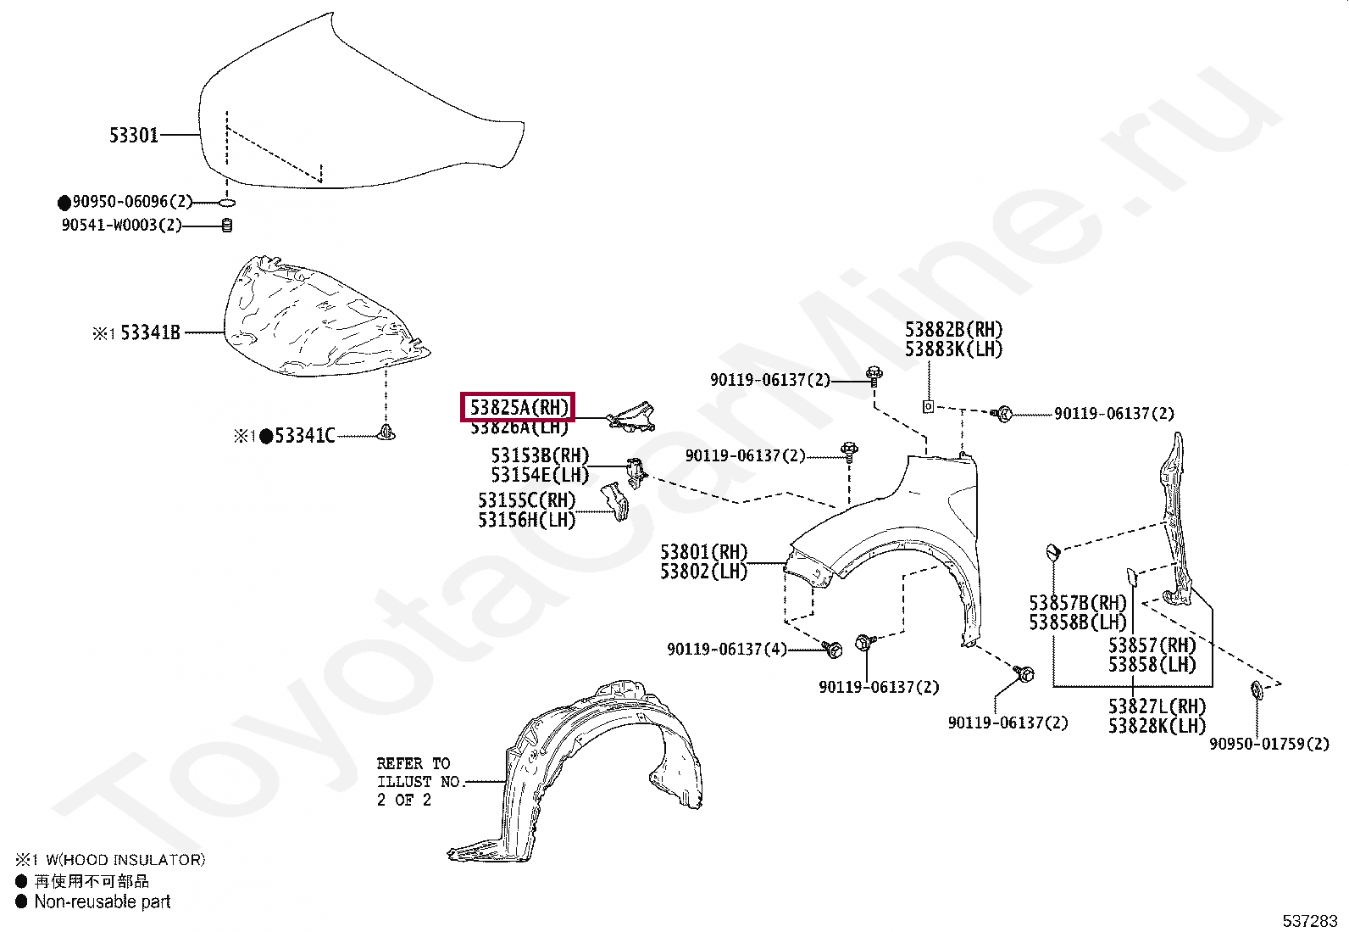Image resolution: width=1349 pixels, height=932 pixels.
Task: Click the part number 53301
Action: point(134,135)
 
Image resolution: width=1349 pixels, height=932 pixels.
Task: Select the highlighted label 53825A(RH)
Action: point(518,407)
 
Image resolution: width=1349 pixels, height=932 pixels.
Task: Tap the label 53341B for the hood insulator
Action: point(150,332)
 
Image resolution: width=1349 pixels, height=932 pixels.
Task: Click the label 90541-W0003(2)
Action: point(121,225)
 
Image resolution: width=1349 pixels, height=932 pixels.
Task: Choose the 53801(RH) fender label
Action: point(703,552)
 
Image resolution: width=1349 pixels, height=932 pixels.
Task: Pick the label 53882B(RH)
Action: point(953,329)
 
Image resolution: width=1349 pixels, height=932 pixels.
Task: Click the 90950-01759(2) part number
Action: point(1269,744)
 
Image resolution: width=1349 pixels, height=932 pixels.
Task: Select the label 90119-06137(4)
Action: point(726,650)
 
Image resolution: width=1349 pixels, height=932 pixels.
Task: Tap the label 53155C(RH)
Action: point(526,500)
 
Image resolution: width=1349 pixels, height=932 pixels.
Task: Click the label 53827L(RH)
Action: point(1156,706)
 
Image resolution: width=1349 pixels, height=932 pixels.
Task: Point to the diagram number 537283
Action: point(1309,921)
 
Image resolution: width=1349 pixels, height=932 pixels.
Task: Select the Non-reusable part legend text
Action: point(103,901)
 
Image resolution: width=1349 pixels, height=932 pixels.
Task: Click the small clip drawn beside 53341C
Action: point(386,433)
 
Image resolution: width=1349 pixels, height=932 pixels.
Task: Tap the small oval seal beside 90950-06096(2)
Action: point(226,202)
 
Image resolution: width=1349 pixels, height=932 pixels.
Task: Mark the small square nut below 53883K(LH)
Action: point(928,406)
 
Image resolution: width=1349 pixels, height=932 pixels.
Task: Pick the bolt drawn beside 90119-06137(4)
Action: point(832,650)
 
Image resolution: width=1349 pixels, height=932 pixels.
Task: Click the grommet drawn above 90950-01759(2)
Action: point(1257,689)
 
